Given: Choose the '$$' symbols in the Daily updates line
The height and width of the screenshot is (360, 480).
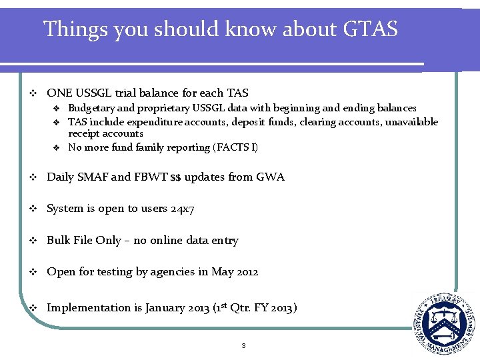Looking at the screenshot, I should point(176,177).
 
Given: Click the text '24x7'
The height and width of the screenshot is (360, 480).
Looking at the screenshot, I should point(181,209).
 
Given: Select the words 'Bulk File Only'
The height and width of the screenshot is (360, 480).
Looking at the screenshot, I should point(84,241).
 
